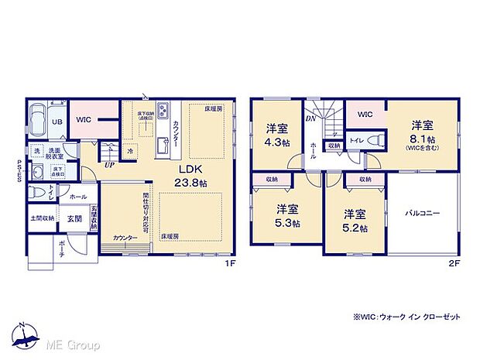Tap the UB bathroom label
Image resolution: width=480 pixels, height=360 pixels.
point(57,122)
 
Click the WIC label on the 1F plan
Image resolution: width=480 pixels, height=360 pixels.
point(84,121)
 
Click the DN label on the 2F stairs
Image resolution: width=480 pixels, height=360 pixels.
point(310,120)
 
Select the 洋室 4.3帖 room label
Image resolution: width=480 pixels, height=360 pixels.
point(278,133)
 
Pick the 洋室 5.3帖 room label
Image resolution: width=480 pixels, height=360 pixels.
point(289,214)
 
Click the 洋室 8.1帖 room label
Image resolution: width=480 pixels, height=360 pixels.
point(421,131)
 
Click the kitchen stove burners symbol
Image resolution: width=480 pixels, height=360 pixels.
point(163,109)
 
